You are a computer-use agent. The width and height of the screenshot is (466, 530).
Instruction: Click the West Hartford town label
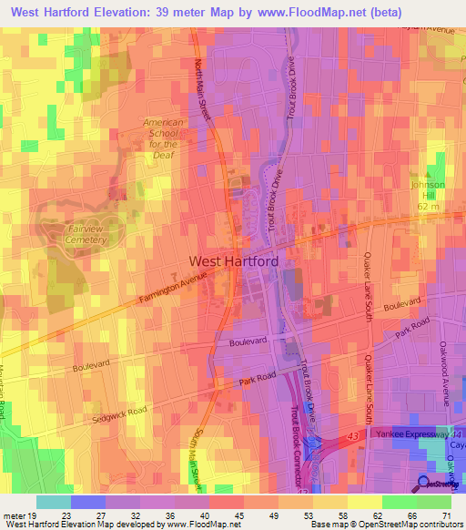click(x=233, y=260)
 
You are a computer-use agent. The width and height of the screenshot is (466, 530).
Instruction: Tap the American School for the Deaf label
click(x=164, y=138)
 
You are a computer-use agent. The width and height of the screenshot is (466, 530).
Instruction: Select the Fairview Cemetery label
click(x=86, y=234)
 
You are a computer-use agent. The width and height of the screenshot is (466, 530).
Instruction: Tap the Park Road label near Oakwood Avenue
click(x=410, y=329)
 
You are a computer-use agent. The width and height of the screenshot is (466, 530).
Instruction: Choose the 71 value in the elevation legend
click(x=445, y=515)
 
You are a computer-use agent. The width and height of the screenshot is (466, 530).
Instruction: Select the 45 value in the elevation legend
click(x=238, y=515)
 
